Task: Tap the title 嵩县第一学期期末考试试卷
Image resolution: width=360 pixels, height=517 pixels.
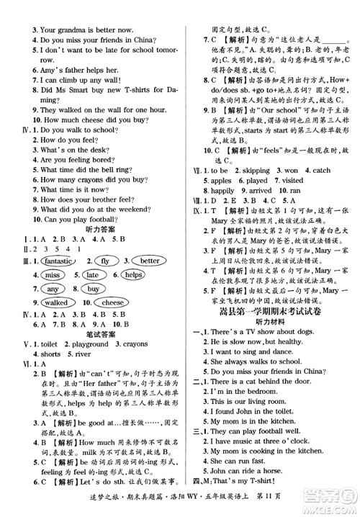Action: tap(269, 311)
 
